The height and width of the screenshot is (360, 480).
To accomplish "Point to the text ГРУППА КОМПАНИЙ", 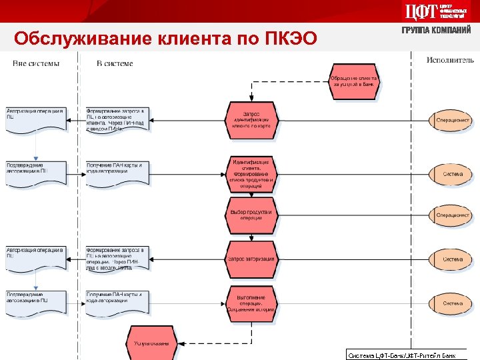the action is pos(436,31).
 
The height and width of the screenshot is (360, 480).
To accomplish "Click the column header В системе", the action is pos(115,64).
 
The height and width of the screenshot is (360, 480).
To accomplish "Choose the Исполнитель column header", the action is pos(450,61).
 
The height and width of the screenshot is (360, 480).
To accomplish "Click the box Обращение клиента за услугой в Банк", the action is pos(354,82).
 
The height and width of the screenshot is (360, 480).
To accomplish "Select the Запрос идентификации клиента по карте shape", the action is pos(251,120).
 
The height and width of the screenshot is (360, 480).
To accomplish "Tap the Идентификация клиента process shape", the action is pos(251,174).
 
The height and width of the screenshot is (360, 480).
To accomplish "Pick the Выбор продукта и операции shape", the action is pos(251,215).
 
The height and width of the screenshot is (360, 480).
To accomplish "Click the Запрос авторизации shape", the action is pos(251,259).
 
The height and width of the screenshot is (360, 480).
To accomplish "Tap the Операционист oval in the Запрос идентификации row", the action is pos(453,120).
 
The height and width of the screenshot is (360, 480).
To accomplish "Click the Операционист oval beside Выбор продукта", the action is pos(453,215).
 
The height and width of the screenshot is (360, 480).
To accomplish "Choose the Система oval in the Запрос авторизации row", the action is pos(453,259).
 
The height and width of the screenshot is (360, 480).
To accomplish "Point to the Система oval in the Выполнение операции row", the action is pos(453,303).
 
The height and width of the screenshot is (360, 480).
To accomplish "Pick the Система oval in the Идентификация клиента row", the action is pos(453,174).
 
